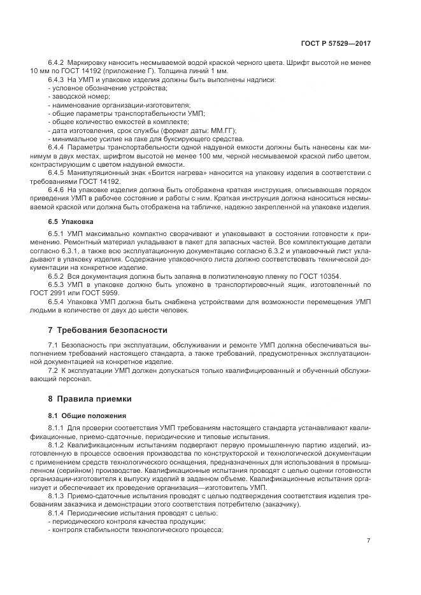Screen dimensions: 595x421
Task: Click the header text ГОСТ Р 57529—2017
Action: pyautogui.click(x=336, y=44)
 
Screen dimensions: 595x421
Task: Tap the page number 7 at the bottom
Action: pyautogui.click(x=368, y=541)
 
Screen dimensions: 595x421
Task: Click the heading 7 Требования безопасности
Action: pyautogui.click(x=108, y=330)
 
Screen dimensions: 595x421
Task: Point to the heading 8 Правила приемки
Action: pyautogui.click(x=90, y=399)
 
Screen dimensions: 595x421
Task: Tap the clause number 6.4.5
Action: pyautogui.click(x=57, y=173)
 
